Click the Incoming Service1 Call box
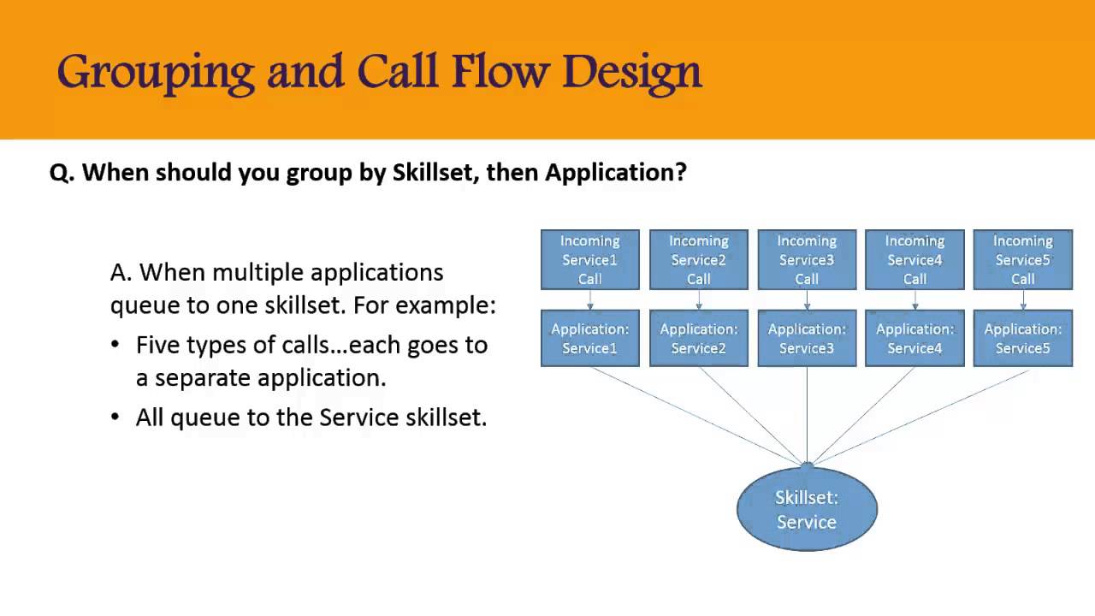pyautogui.click(x=590, y=259)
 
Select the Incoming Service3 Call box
pyautogui.click(x=807, y=259)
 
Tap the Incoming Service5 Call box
pyautogui.click(x=1023, y=259)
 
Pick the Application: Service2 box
pyautogui.click(x=699, y=338)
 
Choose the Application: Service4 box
pyautogui.click(x=915, y=338)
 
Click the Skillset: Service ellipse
pyautogui.click(x=807, y=509)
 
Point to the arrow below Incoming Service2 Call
pyautogui.click(x=699, y=299)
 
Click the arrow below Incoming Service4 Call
pyautogui.click(x=915, y=299)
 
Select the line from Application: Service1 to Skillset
pyautogui.click(x=697, y=416)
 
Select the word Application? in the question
pyautogui.click(x=616, y=173)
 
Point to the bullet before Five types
pyautogui.click(x=115, y=345)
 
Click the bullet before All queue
pyautogui.click(x=115, y=417)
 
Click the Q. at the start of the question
pyautogui.click(x=62, y=173)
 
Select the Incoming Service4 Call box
pyautogui.click(x=915, y=259)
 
